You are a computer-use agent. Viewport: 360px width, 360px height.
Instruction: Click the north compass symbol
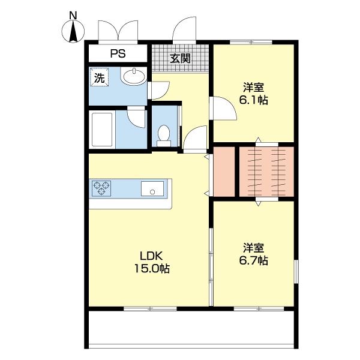point(73,31)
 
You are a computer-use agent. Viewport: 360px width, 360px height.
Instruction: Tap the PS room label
point(118,54)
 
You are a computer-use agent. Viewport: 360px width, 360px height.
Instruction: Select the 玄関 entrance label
point(180,58)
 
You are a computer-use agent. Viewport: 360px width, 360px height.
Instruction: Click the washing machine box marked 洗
point(100,77)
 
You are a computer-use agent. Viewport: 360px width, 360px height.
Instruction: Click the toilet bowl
point(164,136)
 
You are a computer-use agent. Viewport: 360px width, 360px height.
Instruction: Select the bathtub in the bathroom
point(102,130)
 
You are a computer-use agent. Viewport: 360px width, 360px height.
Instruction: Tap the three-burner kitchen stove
point(101,188)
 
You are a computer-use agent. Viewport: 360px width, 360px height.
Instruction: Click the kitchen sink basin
point(152,188)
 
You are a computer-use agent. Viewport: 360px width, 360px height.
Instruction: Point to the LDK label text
point(152,256)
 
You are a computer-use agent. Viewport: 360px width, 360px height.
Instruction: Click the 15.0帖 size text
point(152,268)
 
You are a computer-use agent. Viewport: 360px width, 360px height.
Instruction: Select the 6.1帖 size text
point(253,100)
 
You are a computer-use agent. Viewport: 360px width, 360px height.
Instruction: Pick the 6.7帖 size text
point(253,260)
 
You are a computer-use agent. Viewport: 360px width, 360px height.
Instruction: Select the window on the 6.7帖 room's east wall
point(296,271)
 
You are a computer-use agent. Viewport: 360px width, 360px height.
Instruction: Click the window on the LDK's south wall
point(150,308)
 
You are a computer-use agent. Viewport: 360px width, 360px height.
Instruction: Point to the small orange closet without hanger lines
point(224,172)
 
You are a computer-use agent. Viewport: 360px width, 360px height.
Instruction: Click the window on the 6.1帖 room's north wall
point(251,42)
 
